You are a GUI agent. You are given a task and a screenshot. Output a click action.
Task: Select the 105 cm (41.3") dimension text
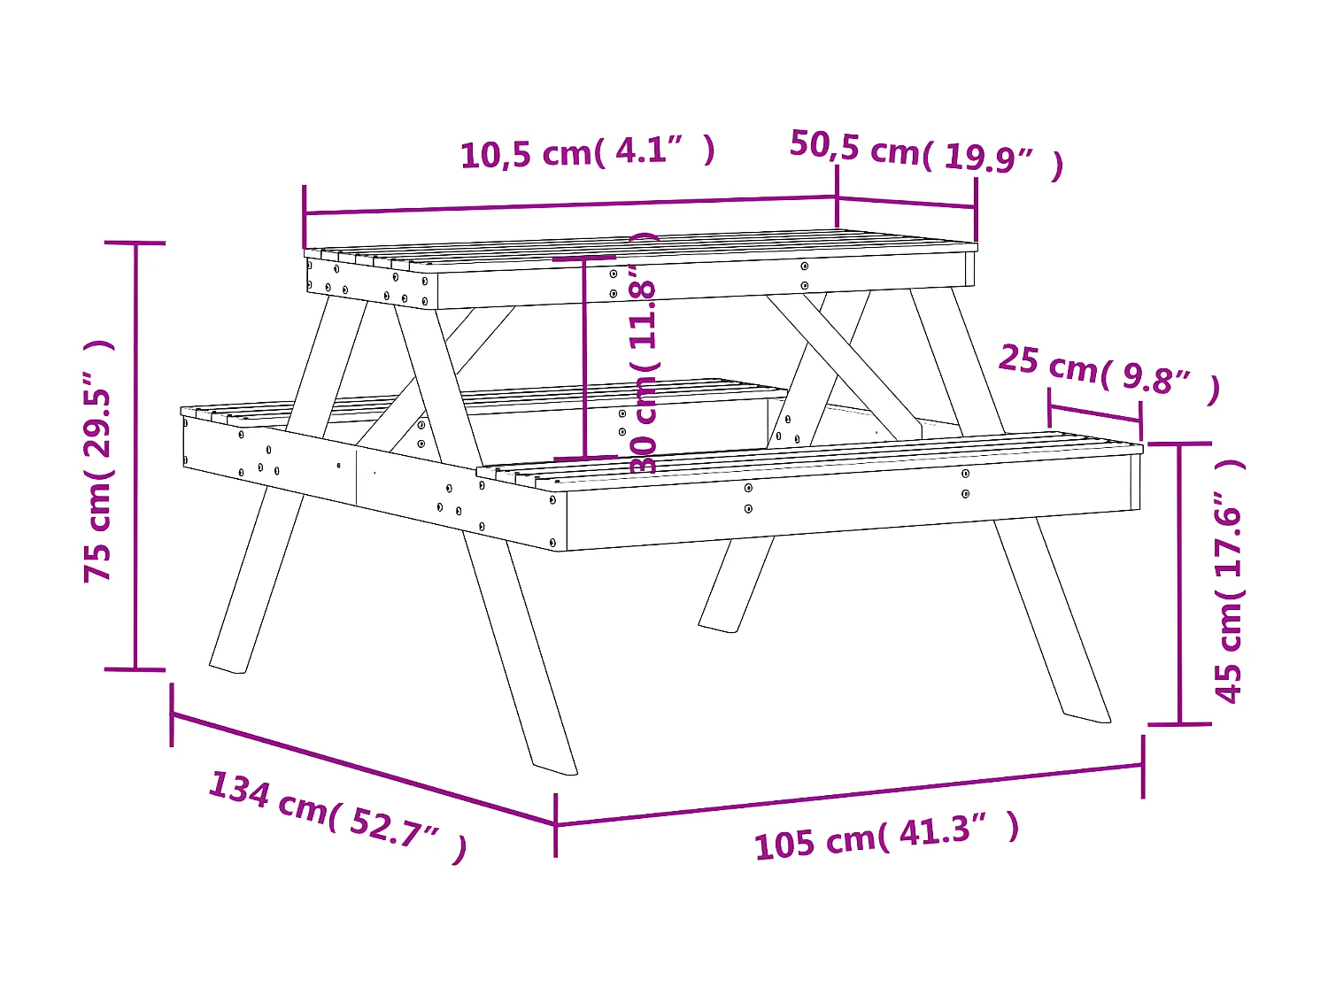[886, 837]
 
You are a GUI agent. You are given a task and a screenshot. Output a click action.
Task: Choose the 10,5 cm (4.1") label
[587, 151]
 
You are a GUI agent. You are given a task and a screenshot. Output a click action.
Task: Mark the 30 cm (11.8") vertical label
[645, 354]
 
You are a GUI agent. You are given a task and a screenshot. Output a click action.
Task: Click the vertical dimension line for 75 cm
[135, 456]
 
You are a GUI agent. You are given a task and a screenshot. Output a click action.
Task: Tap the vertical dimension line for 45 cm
[1179, 584]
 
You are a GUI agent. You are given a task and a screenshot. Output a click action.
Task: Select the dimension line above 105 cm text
[850, 794]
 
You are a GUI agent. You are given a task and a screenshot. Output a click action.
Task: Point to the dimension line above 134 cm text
[363, 768]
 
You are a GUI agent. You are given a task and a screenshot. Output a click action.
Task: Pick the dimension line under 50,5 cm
[907, 202]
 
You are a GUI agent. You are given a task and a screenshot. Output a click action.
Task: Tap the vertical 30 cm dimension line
[584, 359]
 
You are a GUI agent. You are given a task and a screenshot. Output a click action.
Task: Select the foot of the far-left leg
[228, 666]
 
